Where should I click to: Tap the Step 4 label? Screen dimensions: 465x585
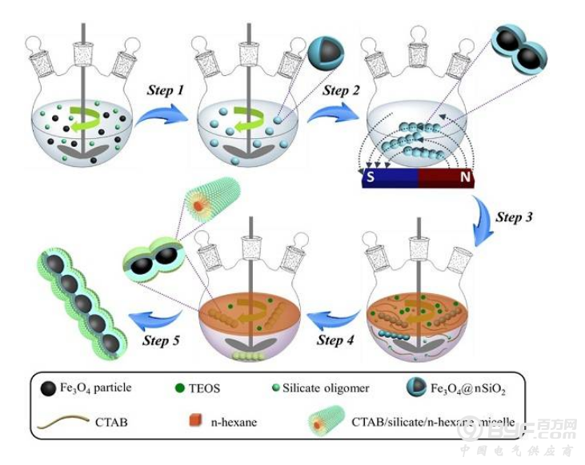[x=339, y=342]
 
